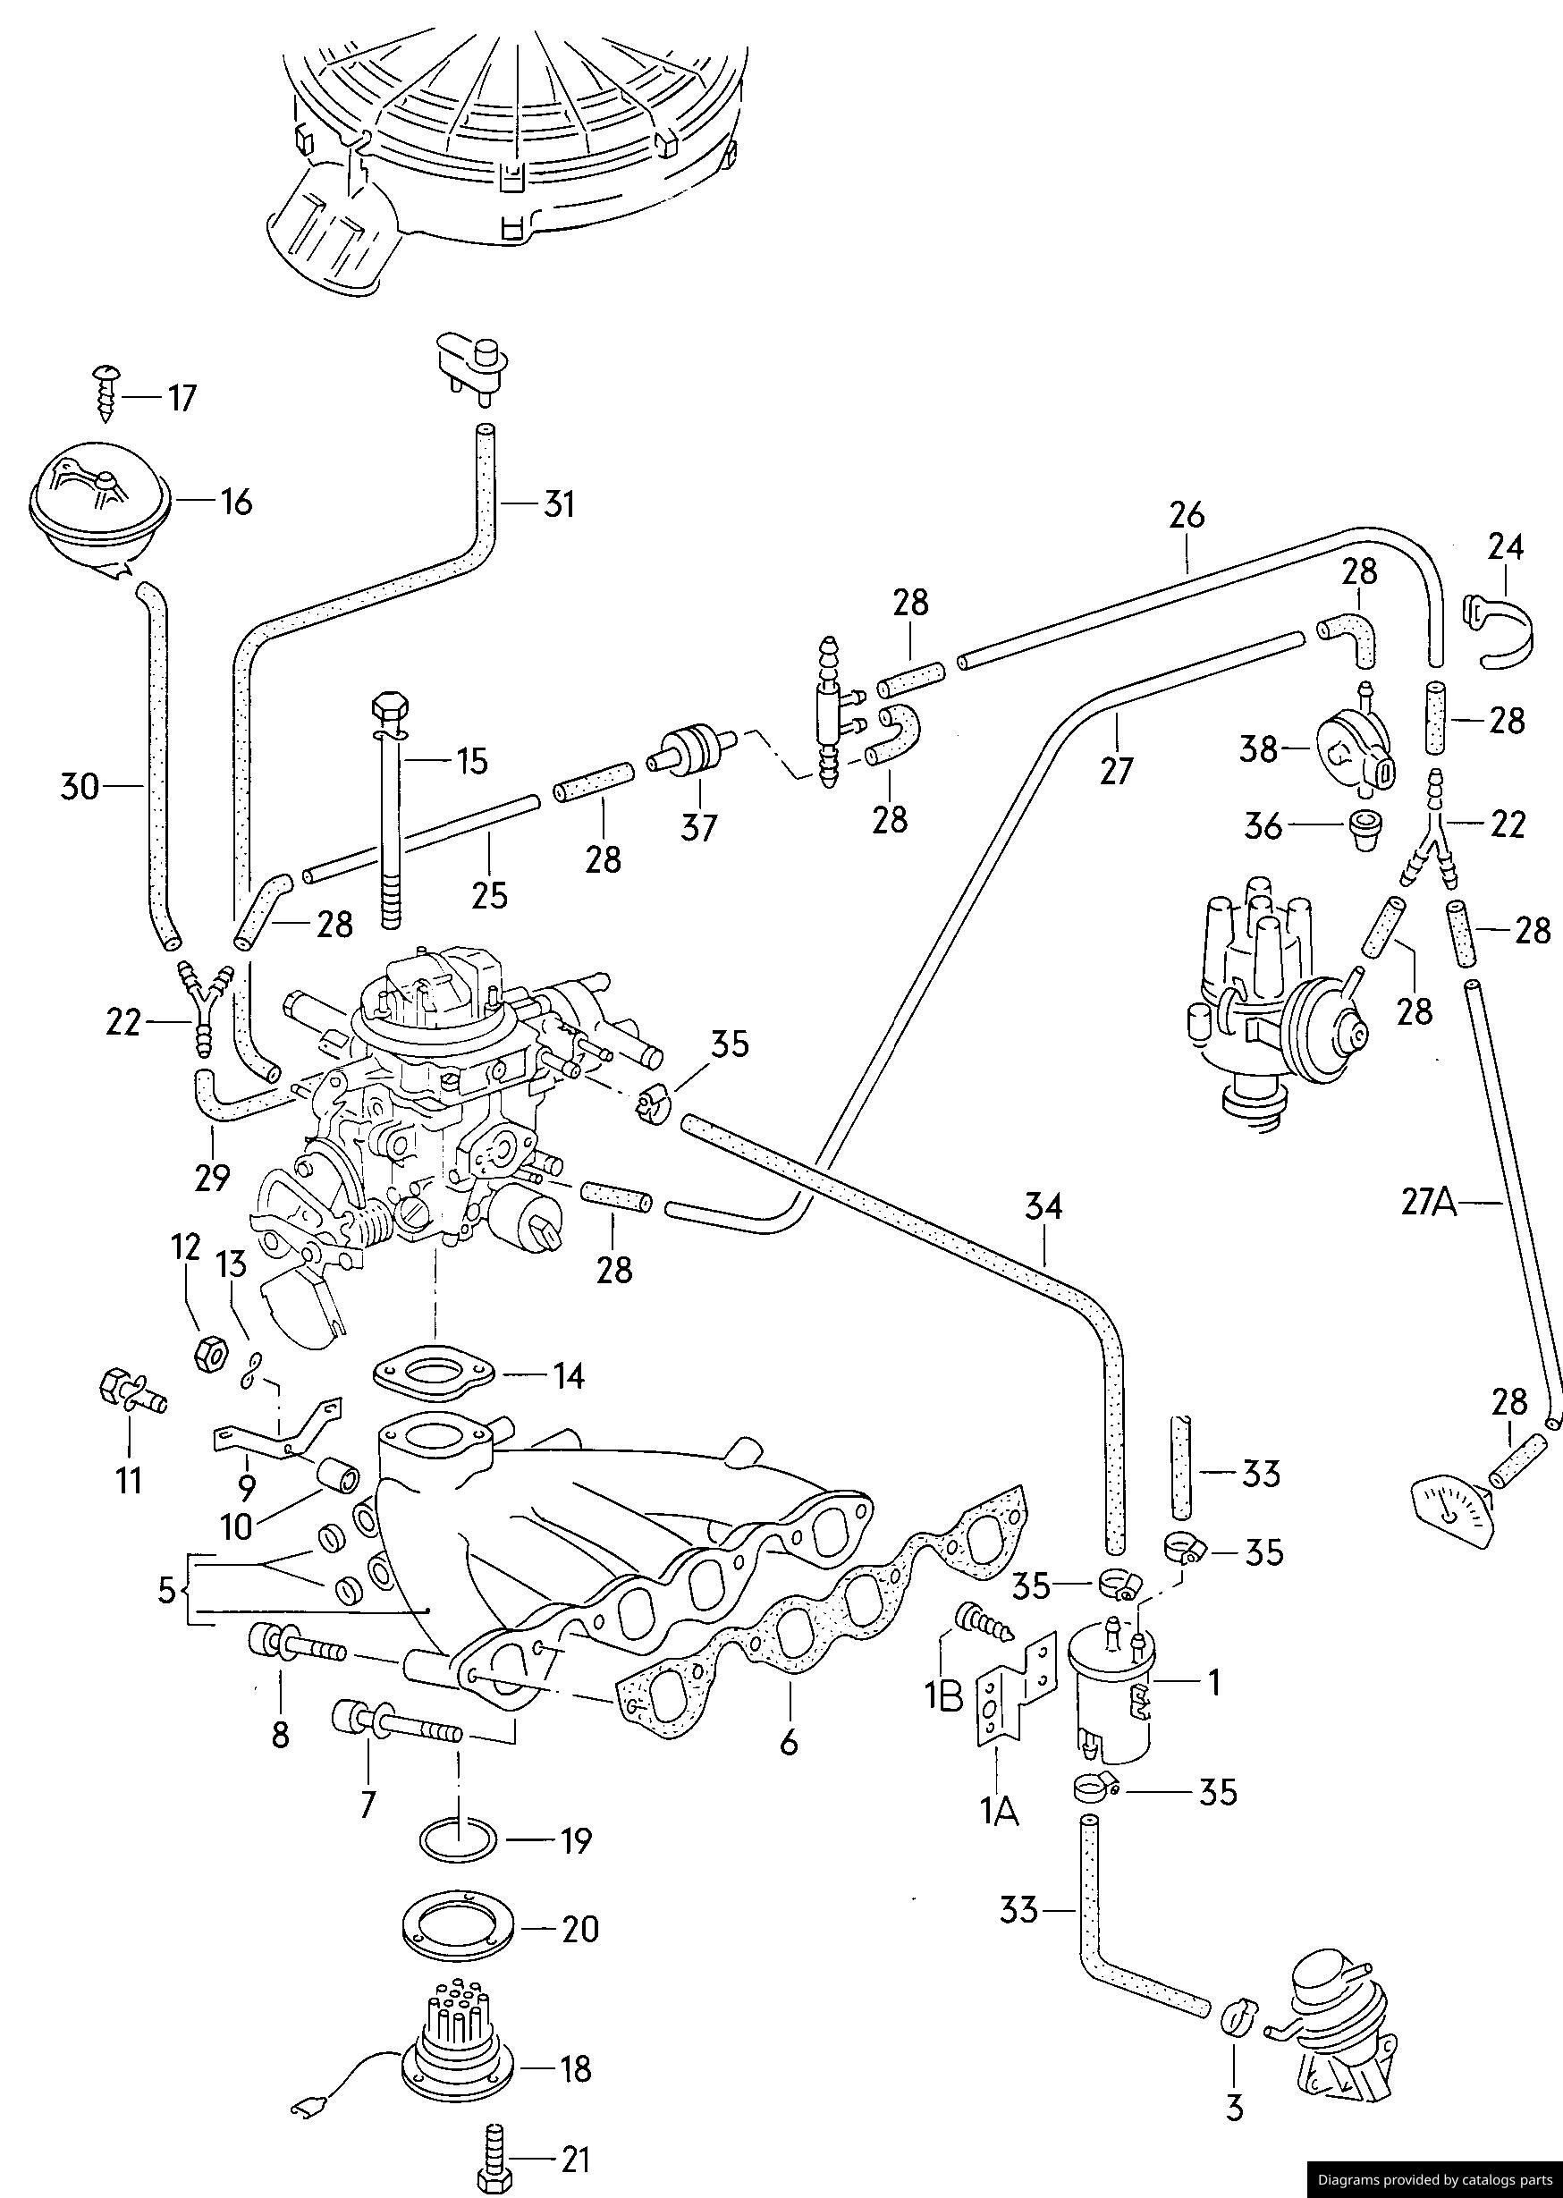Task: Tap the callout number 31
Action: [x=557, y=504]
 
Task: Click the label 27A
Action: [x=1430, y=1203]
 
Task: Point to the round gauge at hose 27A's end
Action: [x=1451, y=1517]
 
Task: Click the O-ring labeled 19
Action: [x=459, y=1841]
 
